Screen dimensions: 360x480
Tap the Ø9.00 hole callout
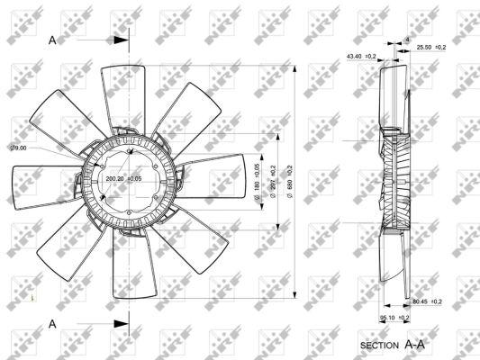click(18, 148)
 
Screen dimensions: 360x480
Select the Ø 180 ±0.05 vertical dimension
click(257, 176)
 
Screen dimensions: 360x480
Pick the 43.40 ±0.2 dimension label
click(362, 57)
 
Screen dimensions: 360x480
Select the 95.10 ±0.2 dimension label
click(394, 317)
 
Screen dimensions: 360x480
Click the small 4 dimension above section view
click(406, 40)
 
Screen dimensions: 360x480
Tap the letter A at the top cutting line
click(52, 40)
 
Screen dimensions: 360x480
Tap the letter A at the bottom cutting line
click(52, 322)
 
